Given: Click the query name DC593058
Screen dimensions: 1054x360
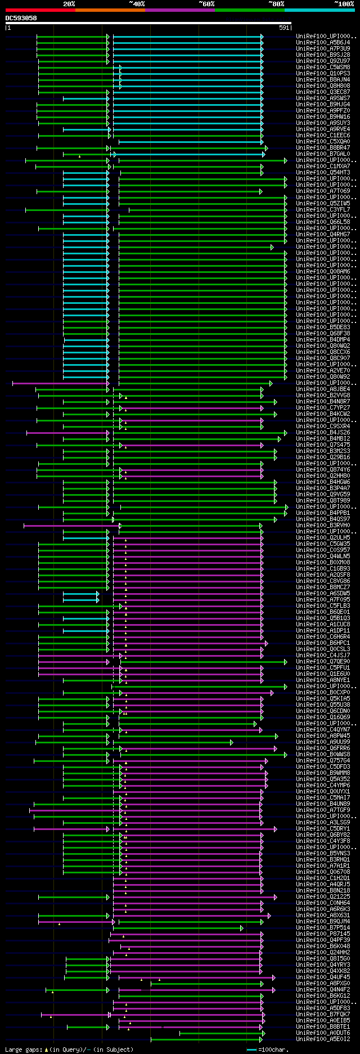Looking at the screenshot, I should (x=21, y=18).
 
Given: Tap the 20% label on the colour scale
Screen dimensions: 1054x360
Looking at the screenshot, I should (x=69, y=4).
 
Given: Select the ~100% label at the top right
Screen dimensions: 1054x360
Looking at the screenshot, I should (x=344, y=4).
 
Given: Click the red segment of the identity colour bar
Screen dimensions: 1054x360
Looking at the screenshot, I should (x=40, y=10).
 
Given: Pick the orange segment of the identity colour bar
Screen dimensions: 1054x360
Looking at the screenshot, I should (x=110, y=10).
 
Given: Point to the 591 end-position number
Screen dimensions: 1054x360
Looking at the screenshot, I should (x=284, y=28).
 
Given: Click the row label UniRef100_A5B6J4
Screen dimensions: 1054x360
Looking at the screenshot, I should (x=323, y=42).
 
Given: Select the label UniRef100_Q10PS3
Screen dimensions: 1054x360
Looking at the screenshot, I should (x=323, y=73).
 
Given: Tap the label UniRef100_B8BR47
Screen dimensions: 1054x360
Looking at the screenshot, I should (x=323, y=147).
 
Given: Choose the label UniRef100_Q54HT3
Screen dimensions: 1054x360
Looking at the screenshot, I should (x=323, y=172).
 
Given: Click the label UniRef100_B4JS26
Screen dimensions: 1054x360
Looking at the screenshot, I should (x=323, y=432).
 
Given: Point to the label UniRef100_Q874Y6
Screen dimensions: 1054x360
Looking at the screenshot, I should (x=323, y=469).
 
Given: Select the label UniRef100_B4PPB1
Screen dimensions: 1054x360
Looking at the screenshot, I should (x=323, y=513).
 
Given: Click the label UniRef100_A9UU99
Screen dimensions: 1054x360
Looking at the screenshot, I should (x=323, y=742).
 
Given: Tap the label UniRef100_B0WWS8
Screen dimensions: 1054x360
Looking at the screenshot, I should (x=323, y=754).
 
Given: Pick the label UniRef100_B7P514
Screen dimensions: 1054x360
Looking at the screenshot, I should (x=323, y=927).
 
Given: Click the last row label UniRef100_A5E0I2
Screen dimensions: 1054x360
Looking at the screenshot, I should (x=323, y=1039).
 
